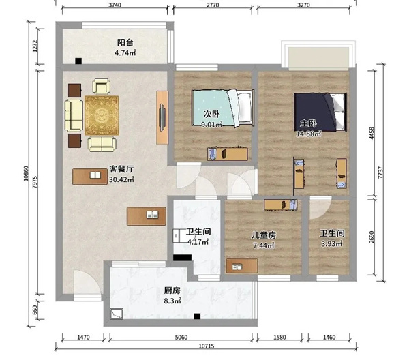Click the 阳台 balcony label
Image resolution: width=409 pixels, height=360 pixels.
pyautogui.click(x=125, y=42)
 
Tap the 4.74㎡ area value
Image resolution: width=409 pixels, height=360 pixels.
pyautogui.click(x=125, y=52)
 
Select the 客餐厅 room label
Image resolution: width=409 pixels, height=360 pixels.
pyautogui.click(x=121, y=169)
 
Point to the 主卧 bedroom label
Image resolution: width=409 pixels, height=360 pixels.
pyautogui.click(x=308, y=123)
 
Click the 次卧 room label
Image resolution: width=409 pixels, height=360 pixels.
pyautogui.click(x=211, y=114)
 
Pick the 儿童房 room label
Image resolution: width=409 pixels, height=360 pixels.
pyautogui.click(x=263, y=235)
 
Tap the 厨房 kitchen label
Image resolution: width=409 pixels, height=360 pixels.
pyautogui.click(x=172, y=290)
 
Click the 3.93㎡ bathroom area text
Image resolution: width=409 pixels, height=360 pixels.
pyautogui.click(x=332, y=243)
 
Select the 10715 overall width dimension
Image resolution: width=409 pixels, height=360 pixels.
pyautogui.click(x=207, y=346)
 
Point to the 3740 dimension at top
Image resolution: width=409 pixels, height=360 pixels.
pyautogui.click(x=115, y=5)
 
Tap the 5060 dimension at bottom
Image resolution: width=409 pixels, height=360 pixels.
pyautogui.click(x=181, y=337)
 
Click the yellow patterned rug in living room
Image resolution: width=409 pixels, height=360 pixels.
pyautogui.click(x=102, y=115)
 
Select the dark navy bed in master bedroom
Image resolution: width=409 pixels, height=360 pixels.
pyautogui.click(x=320, y=112)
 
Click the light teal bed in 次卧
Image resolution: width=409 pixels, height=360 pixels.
pyautogui.click(x=223, y=108)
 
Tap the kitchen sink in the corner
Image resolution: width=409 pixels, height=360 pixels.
pyautogui.click(x=117, y=314)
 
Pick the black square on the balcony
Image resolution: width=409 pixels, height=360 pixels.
pyautogui.click(x=78, y=61)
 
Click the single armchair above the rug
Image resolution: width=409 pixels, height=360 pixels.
pyautogui.click(x=101, y=86)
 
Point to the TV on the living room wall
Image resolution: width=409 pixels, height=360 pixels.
pyautogui.click(x=162, y=117)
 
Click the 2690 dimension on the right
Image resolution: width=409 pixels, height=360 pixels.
pyautogui.click(x=372, y=237)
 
